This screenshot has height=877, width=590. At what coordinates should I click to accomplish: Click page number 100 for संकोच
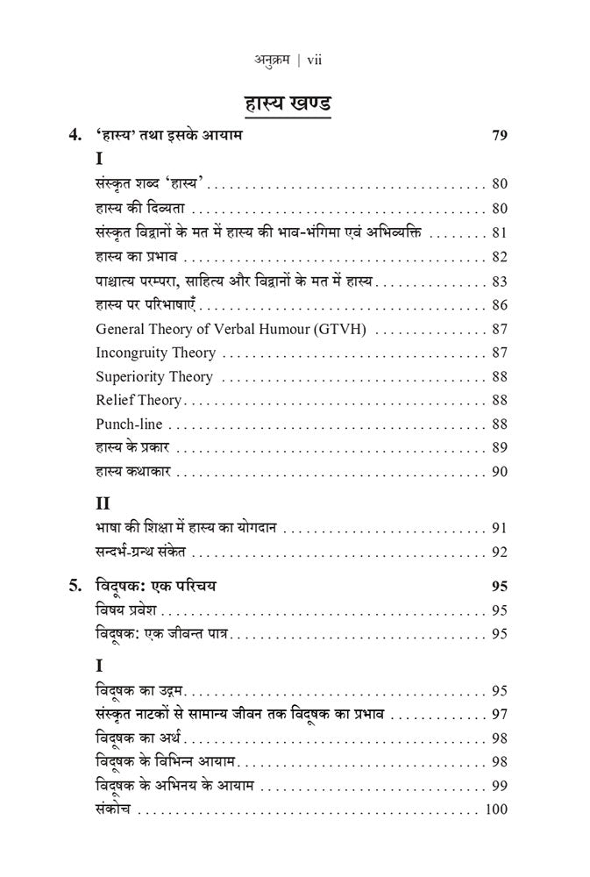tap(495, 808)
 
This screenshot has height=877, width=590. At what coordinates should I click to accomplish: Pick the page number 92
tap(500, 553)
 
